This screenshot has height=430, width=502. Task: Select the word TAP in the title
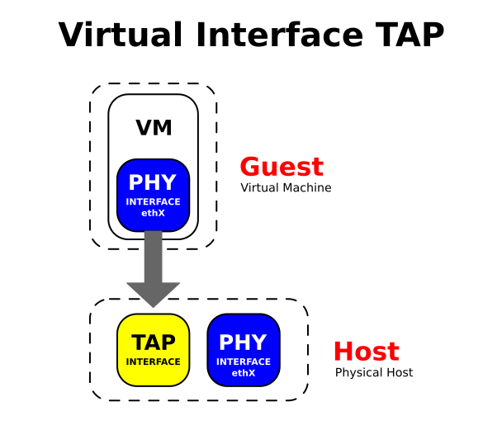406,35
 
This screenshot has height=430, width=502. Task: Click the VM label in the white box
154,128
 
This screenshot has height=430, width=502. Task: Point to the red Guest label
282,167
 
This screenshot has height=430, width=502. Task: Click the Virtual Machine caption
286,188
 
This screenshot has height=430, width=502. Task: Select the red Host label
366,352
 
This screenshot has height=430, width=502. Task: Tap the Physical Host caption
373,373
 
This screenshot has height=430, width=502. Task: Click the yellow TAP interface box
153,350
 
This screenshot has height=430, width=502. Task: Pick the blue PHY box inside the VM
153,195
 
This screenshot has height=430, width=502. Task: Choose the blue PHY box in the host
244,350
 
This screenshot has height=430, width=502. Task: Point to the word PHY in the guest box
153,182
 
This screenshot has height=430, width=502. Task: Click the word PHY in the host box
244,343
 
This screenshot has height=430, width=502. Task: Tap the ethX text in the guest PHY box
153,213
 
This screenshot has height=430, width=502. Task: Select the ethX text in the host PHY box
244,373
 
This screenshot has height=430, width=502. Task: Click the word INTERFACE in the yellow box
153,361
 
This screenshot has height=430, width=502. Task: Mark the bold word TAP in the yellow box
153,343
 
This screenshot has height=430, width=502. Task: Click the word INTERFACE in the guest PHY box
153,202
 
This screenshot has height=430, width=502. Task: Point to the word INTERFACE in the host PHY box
244,361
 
